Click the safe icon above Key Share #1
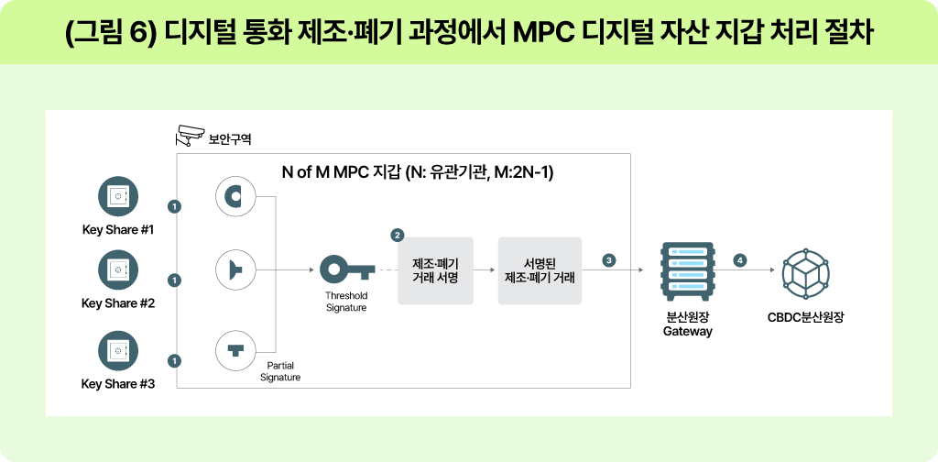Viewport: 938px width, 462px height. pyautogui.click(x=118, y=197)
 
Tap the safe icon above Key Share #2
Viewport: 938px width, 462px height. pyautogui.click(x=118, y=270)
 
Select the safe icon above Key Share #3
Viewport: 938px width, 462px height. pyautogui.click(x=118, y=351)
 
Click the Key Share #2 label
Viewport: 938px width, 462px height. pyautogui.click(x=118, y=303)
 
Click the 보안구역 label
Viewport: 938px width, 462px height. pyautogui.click(x=230, y=140)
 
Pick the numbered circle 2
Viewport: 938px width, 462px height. pyautogui.click(x=398, y=235)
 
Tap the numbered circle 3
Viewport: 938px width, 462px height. pyautogui.click(x=609, y=260)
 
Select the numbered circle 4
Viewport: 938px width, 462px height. pyautogui.click(x=740, y=260)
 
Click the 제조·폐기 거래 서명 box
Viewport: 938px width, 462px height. pyautogui.click(x=435, y=270)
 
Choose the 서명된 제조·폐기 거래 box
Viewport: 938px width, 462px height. pyautogui.click(x=540, y=270)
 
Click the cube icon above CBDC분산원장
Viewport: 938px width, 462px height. pyautogui.click(x=804, y=270)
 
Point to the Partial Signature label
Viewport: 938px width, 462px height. pyautogui.click(x=279, y=371)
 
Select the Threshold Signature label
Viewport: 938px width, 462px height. pyautogui.click(x=346, y=302)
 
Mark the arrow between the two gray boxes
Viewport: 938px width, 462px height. pyautogui.click(x=485, y=270)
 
